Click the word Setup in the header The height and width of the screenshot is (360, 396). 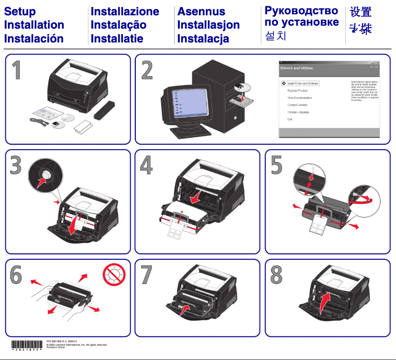pos(20,11)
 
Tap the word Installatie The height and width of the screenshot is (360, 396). pos(117,38)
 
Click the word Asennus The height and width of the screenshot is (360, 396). pos(201,11)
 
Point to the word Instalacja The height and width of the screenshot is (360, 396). pos(203,38)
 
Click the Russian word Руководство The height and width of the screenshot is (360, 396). pos(301,10)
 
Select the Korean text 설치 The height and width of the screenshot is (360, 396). pos(275,36)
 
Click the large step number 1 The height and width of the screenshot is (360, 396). pos(17,70)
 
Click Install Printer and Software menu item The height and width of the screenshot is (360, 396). pos(303,83)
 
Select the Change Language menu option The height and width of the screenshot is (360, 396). pos(298,112)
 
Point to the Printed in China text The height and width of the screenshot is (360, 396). pos(55,348)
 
